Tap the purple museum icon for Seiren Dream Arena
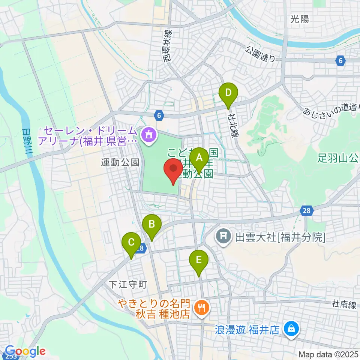pyautogui.click(x=148, y=135)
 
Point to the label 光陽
pyautogui.click(x=300, y=19)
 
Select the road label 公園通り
pyautogui.click(x=261, y=54)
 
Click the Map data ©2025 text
pyautogui.click(x=328, y=354)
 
